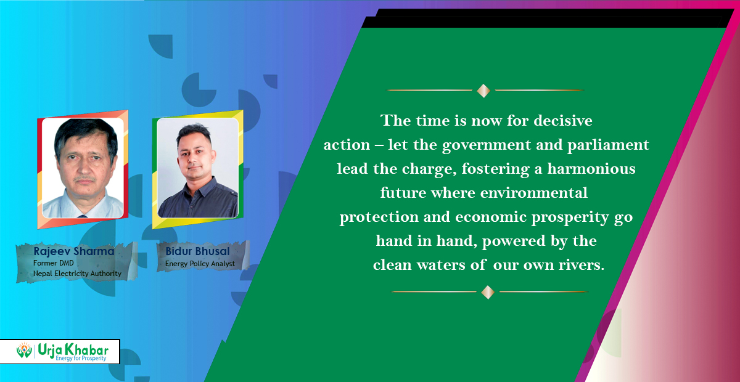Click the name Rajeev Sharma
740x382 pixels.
pyautogui.click(x=73, y=251)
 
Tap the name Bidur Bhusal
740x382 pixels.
pyautogui.click(x=196, y=252)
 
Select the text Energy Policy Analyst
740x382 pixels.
pyautogui.click(x=200, y=264)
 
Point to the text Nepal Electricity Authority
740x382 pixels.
pyautogui.click(x=77, y=273)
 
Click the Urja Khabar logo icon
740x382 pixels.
pyautogui.click(x=24, y=351)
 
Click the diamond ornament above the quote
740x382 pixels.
pyautogui.click(x=484, y=91)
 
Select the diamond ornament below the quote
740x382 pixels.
pyautogui.click(x=488, y=292)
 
